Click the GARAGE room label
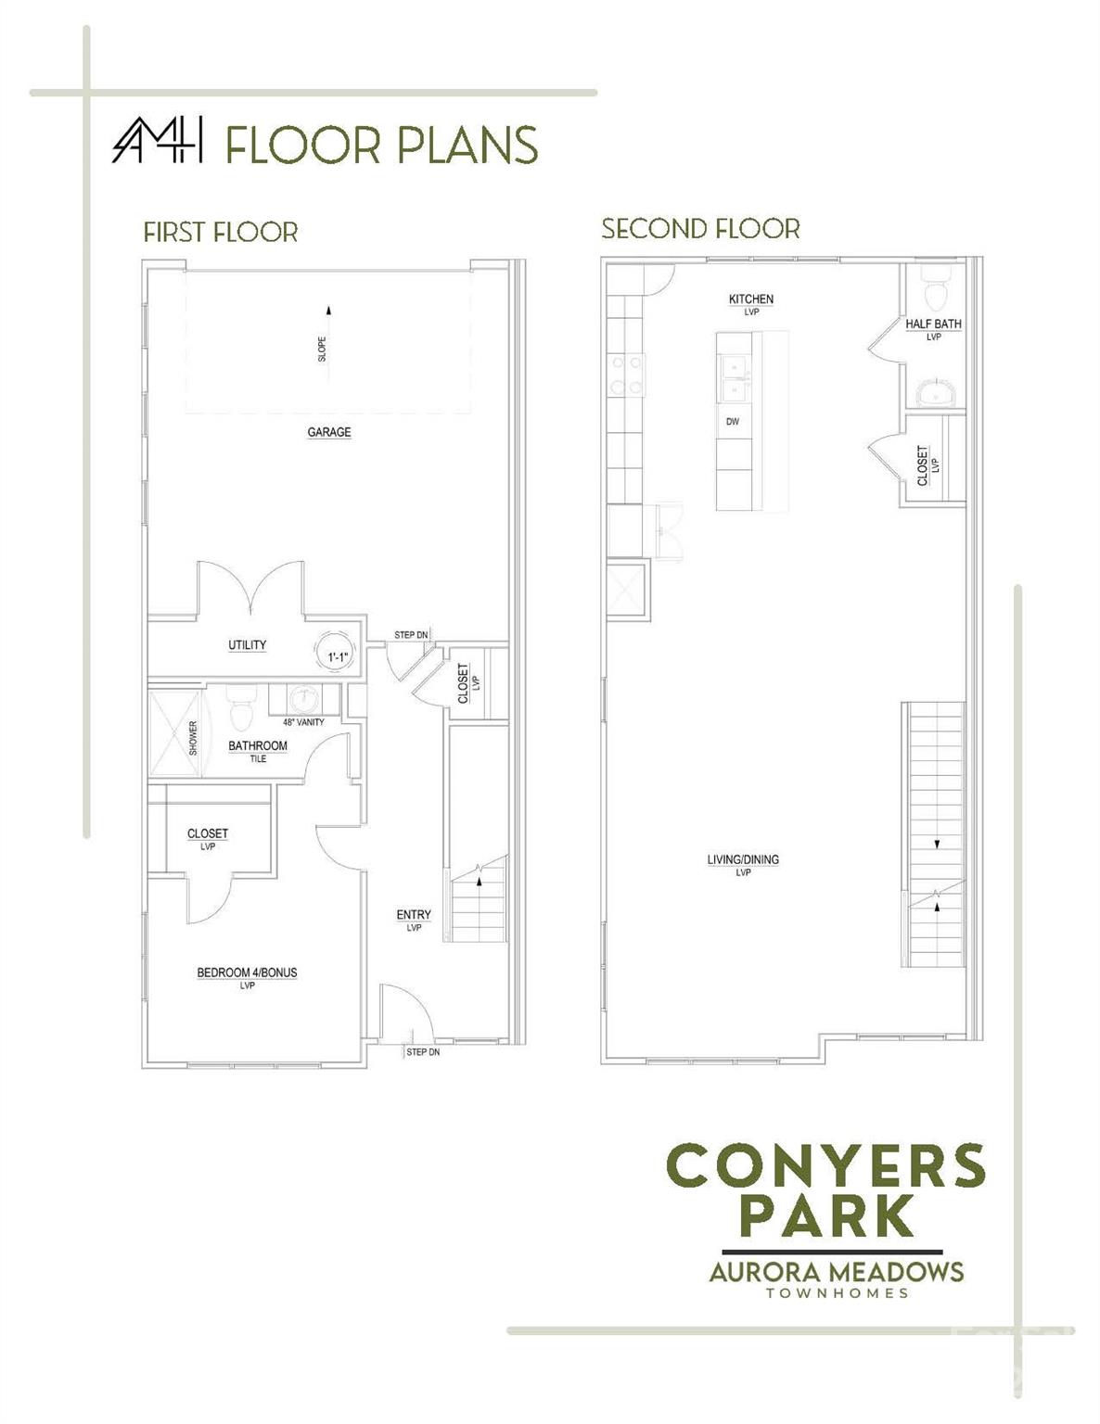329,432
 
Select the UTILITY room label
247,645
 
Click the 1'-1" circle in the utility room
337,651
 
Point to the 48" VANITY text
303,722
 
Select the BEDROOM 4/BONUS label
247,973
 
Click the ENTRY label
414,914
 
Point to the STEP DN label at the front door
423,1052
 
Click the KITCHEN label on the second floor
751,299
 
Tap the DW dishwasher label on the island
733,422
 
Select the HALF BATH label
933,324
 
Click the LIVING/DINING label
743,859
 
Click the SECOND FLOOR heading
701,229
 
